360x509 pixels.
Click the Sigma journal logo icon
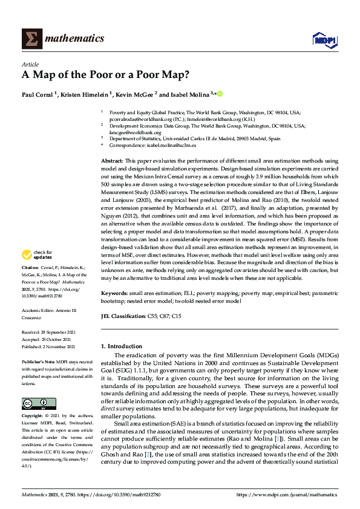pyautogui.click(x=31, y=39)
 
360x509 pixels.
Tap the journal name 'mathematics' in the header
pyautogui.click(x=76, y=39)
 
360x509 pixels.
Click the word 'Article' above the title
pyautogui.click(x=30, y=64)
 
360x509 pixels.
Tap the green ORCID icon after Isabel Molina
pyautogui.click(x=220, y=94)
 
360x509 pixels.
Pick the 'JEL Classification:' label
pyautogui.click(x=123, y=316)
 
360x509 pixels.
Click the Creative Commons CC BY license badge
pyautogui.click(x=39, y=386)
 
